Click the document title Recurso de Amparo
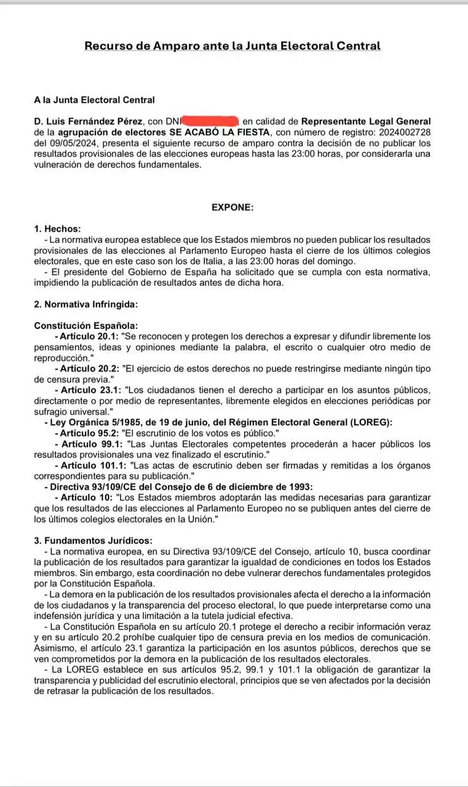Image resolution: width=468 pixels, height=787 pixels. point(232,46)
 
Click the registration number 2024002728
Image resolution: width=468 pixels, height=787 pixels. point(405,132)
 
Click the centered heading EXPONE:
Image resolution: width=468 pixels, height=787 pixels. point(232,207)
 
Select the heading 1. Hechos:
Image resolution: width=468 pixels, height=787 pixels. point(58,229)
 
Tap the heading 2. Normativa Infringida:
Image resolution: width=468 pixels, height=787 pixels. point(86,304)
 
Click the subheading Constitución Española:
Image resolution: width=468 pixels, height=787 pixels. point(86,326)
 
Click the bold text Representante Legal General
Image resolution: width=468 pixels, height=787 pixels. point(366,122)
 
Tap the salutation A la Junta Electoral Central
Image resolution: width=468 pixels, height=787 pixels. point(95,100)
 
